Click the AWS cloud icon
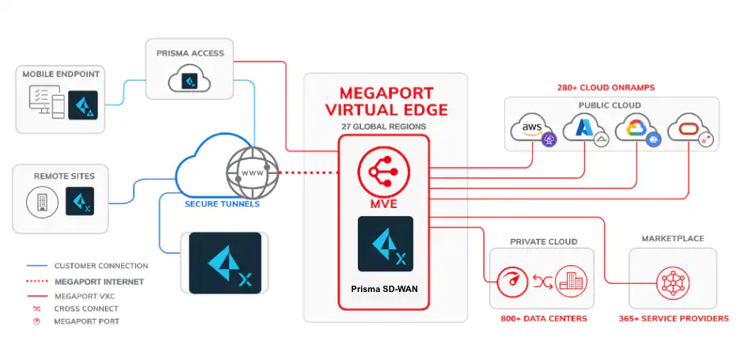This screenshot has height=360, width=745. (534, 130)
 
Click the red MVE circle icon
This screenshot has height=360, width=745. (383, 168)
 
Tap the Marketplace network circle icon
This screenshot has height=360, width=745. (672, 280)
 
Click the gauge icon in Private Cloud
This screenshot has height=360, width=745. (511, 280)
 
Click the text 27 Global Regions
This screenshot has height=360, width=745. (383, 126)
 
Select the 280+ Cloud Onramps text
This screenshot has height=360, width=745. (610, 88)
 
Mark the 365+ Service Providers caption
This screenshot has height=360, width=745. (673, 319)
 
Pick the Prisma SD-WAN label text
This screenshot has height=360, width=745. (383, 290)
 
